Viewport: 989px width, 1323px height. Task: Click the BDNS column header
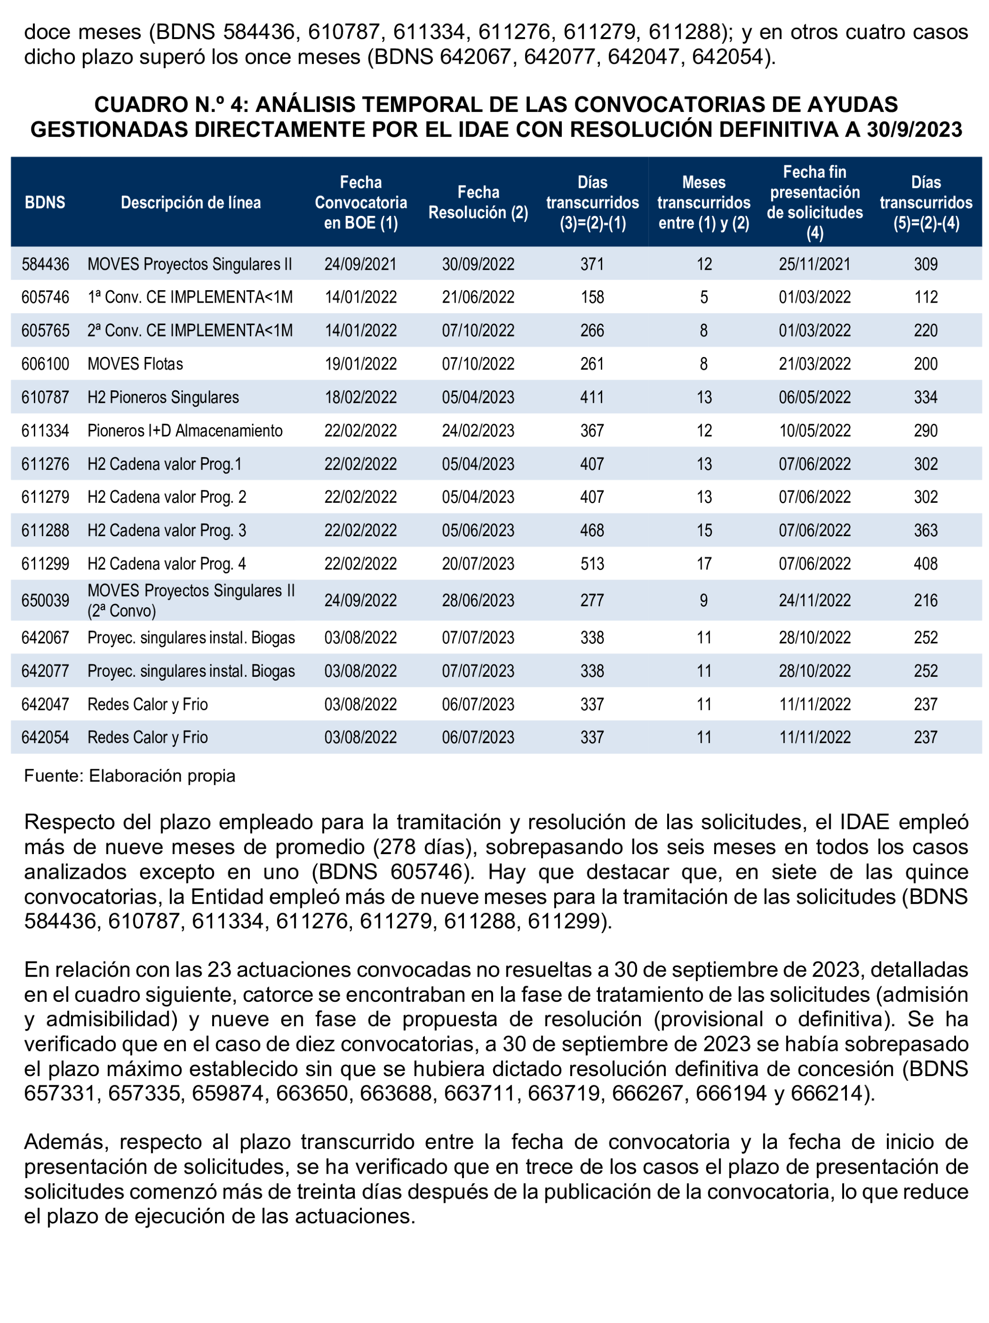point(45,202)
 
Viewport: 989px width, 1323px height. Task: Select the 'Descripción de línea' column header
point(190,202)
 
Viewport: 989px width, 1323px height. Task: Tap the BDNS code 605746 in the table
point(45,297)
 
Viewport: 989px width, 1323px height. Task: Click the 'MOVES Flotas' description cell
point(135,364)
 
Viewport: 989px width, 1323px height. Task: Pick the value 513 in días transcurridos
point(592,563)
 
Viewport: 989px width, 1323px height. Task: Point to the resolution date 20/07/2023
point(477,563)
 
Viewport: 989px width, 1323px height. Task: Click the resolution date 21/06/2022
point(477,297)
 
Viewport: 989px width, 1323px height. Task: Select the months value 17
point(704,563)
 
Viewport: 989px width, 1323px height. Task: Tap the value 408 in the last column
point(925,563)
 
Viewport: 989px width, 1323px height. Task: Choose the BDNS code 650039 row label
point(45,600)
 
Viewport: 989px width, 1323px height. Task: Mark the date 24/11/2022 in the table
point(814,600)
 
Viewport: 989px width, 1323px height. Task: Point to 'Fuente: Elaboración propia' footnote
point(129,776)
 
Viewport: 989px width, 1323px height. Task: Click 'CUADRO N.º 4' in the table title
point(171,105)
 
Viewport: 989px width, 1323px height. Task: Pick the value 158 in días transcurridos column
point(592,297)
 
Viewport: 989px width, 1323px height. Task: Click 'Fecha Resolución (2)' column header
point(477,202)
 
